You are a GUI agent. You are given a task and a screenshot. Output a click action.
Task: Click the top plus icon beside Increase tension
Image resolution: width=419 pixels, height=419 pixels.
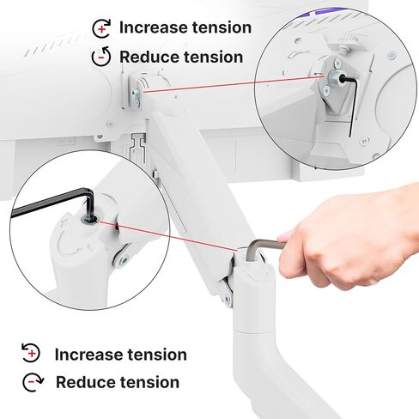click(x=101, y=28)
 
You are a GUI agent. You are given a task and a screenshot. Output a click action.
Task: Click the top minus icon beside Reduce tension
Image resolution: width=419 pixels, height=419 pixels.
click(x=101, y=57)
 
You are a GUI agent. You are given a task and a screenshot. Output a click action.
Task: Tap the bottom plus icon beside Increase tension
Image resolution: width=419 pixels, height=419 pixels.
click(x=31, y=353)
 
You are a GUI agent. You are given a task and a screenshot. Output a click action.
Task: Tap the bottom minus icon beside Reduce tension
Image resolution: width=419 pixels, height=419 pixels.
click(x=33, y=382)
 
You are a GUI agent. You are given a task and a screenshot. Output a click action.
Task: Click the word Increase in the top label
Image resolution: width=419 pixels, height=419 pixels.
click(x=154, y=27)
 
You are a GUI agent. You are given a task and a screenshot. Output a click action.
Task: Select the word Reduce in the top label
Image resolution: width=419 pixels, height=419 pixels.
click(x=149, y=57)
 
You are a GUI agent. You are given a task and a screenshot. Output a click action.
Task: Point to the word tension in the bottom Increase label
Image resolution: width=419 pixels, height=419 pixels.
click(x=157, y=355)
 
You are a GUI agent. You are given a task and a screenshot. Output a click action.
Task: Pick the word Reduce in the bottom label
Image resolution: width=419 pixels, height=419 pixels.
click(x=86, y=382)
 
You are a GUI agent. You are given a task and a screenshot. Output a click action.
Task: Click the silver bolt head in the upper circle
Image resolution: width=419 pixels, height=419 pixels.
click(x=333, y=77)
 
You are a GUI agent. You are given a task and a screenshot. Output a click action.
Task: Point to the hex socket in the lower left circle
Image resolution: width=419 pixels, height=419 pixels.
click(x=89, y=220)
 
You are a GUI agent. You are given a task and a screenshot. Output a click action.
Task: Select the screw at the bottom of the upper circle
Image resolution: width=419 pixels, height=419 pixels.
click(x=364, y=141)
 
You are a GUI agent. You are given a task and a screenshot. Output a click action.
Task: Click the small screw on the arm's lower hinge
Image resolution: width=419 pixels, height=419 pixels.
click(x=228, y=299)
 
